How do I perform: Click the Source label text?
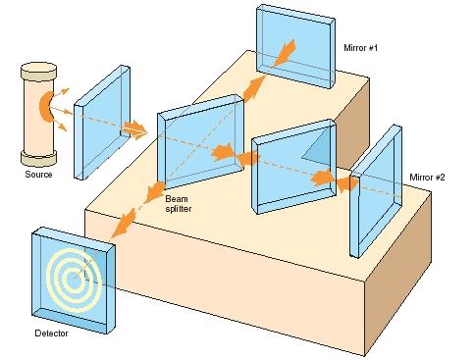[39, 175]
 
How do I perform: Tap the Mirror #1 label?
[364, 46]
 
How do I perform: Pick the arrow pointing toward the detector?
[122, 224]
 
